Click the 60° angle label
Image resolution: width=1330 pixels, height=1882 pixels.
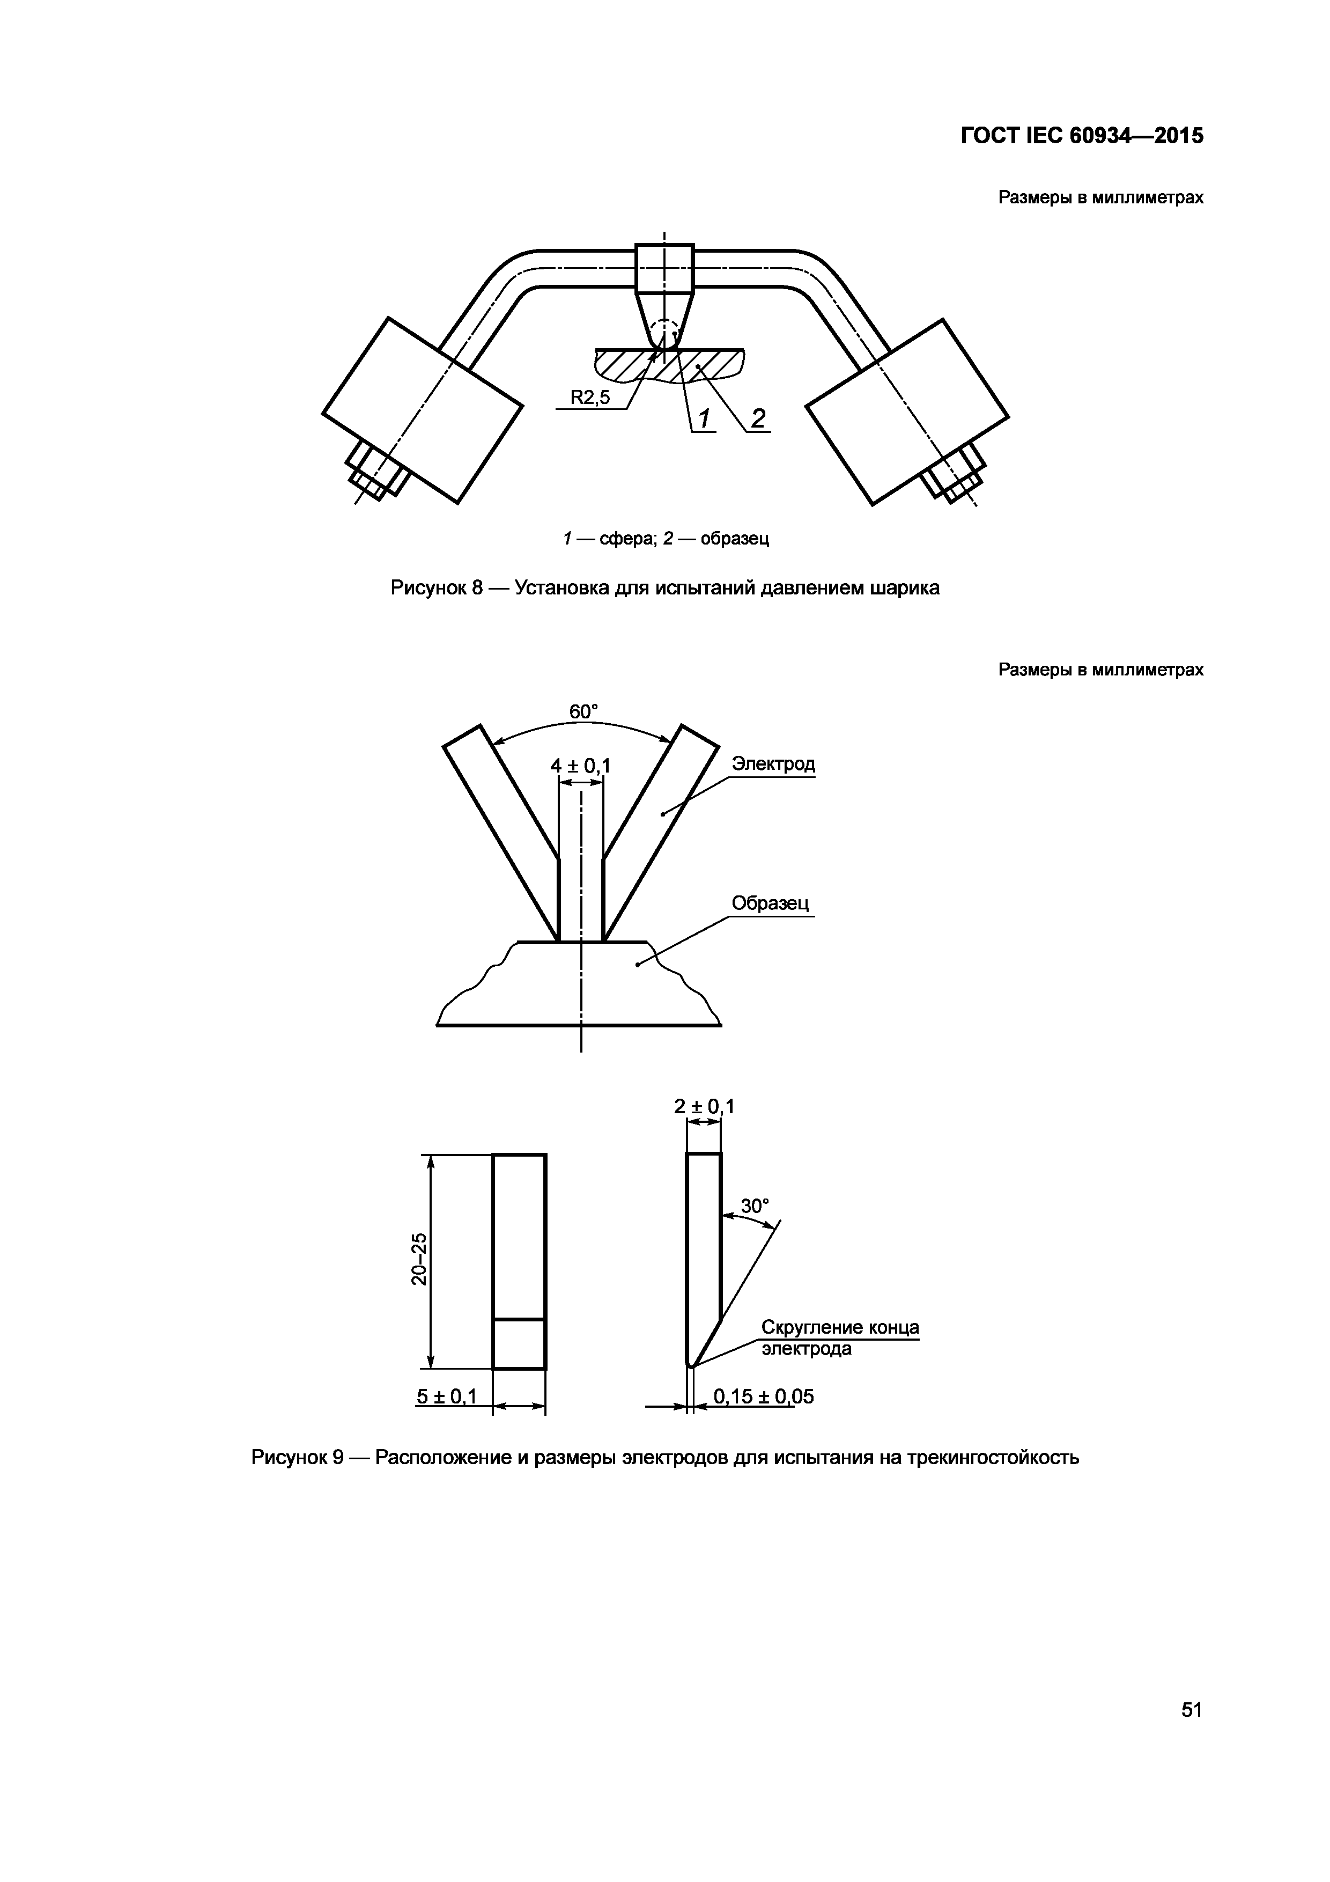tap(583, 711)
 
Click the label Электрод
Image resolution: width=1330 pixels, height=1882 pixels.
tap(773, 764)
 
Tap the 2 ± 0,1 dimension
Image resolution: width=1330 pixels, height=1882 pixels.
tap(704, 1107)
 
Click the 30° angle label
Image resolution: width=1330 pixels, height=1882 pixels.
tap(755, 1206)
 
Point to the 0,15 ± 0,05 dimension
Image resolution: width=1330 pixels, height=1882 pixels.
tap(763, 1396)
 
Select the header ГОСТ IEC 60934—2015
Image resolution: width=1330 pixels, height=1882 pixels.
tap(1082, 135)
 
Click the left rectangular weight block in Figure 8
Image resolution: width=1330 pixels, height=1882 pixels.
tap(422, 410)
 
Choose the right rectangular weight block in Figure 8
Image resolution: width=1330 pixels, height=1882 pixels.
tap(907, 410)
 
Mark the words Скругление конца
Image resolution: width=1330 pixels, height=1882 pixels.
tap(839, 1327)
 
